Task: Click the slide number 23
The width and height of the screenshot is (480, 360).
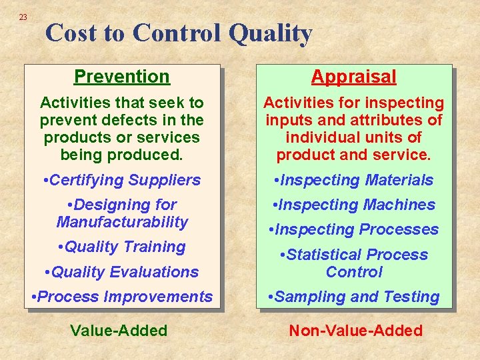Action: pos(23,17)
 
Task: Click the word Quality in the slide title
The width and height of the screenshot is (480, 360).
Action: pos(270,33)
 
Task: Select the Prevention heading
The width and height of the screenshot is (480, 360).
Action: pos(122,77)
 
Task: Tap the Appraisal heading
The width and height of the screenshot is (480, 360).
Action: pos(353,77)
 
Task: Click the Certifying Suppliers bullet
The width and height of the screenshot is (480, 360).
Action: pos(121,180)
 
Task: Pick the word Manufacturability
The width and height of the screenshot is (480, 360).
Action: pos(122,222)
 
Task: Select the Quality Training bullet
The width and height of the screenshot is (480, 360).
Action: pos(121,247)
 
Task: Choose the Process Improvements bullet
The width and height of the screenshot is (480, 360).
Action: pos(122,297)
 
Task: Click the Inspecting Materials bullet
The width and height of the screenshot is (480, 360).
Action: pos(353,180)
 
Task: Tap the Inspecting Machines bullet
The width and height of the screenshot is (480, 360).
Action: pos(353,205)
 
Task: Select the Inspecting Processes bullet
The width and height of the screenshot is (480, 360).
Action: pos(353,229)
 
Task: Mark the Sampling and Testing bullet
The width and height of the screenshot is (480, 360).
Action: pos(353,297)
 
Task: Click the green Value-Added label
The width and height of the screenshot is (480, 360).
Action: pos(119,331)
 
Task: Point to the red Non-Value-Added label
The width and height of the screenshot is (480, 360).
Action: pos(355,331)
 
